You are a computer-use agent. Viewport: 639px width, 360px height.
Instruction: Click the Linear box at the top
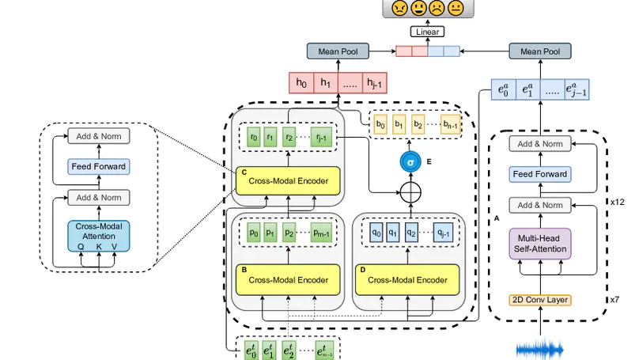tap(427, 32)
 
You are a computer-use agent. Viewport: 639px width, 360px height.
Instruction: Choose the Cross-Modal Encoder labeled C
tap(288, 180)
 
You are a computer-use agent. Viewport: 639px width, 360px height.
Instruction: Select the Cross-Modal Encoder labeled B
tap(288, 279)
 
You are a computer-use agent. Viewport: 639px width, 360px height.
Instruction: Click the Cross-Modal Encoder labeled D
tap(408, 279)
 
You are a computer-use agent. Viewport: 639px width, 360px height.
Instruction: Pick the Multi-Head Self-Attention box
tap(540, 244)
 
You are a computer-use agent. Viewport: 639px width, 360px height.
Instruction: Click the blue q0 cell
tap(376, 234)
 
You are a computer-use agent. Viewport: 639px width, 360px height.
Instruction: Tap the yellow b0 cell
tap(380, 124)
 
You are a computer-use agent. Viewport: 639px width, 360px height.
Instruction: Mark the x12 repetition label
tap(618, 201)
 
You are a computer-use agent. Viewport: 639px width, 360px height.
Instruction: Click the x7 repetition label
tap(614, 300)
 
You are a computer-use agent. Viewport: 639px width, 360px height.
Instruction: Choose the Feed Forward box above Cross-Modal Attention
tap(98, 167)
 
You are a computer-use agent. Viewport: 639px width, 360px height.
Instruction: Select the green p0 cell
tap(254, 234)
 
